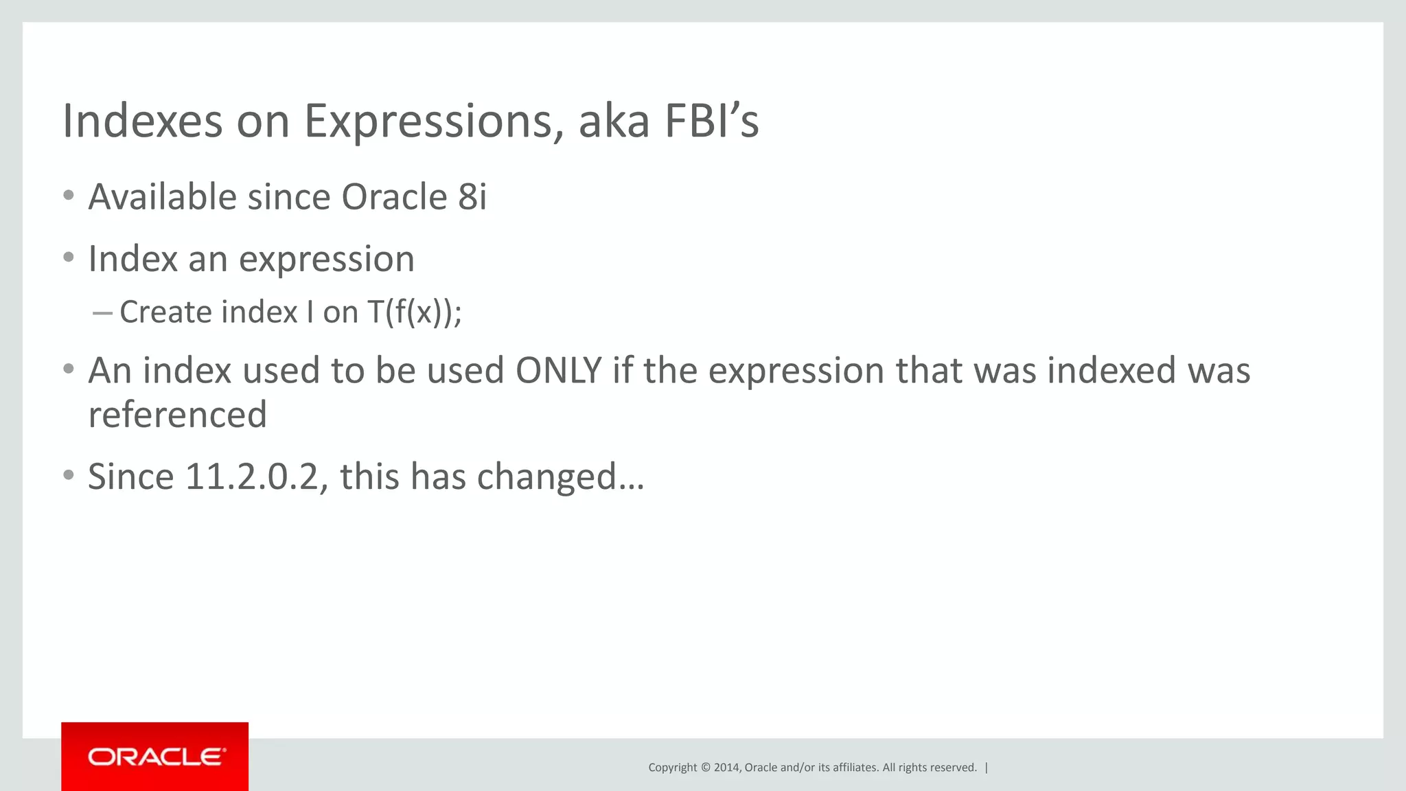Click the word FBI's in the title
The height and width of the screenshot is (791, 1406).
point(711,121)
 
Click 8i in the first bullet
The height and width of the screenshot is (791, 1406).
point(472,197)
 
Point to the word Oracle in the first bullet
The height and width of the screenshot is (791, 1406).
point(394,197)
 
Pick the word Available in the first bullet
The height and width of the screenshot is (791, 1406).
point(162,197)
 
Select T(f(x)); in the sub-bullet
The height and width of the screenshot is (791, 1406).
point(415,312)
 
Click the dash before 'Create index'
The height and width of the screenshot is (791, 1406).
point(102,313)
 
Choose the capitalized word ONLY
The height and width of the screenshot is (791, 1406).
point(558,371)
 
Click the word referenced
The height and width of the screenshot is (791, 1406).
point(177,415)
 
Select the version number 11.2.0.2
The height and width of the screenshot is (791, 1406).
point(251,477)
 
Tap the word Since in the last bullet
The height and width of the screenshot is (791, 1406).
point(130,477)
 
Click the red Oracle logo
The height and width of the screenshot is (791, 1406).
point(155,757)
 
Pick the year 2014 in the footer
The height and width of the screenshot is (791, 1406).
point(726,768)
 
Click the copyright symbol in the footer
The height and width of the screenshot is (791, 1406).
point(704,768)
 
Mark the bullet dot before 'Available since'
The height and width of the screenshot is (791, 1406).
point(68,196)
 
